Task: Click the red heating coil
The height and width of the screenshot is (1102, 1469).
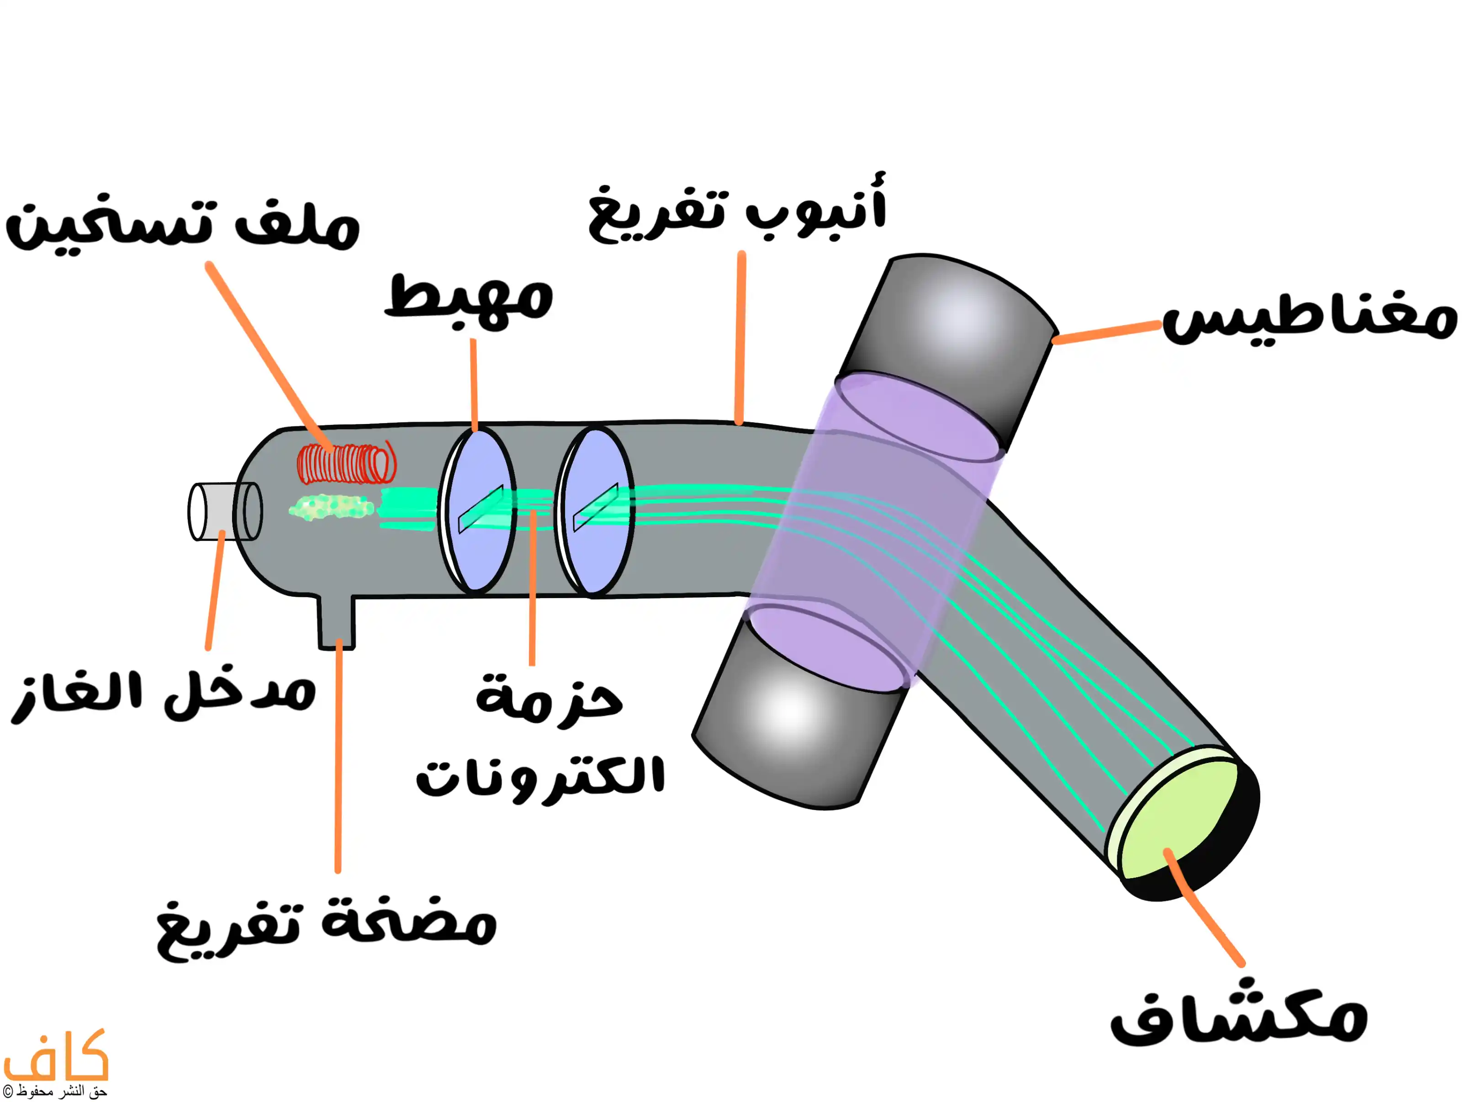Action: (346, 463)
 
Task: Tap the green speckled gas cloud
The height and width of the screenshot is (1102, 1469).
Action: (330, 508)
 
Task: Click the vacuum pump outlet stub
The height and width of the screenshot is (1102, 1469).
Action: (337, 621)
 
